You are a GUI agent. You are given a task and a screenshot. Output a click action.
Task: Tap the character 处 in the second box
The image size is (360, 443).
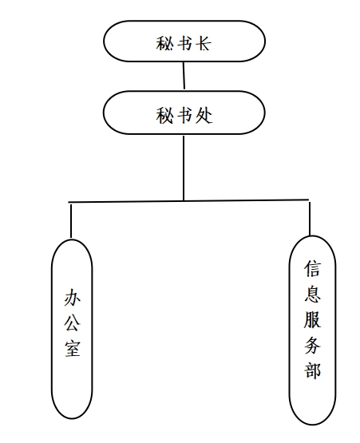tap(204, 115)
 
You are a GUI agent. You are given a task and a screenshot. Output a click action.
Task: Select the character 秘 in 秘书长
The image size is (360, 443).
tap(164, 43)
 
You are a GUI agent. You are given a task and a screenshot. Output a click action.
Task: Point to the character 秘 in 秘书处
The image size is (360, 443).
tap(164, 115)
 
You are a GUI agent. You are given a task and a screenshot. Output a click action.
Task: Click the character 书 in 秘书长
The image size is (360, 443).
tap(184, 43)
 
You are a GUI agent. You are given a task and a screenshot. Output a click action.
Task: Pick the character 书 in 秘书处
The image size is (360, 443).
tap(184, 115)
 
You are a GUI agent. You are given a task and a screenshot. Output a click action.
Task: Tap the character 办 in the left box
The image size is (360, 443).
tap(73, 298)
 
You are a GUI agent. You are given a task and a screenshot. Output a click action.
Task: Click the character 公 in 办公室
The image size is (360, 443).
tap(73, 322)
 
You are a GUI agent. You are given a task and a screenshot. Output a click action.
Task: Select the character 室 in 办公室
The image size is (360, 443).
tap(73, 348)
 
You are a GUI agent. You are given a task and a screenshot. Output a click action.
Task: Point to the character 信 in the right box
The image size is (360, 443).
tap(313, 269)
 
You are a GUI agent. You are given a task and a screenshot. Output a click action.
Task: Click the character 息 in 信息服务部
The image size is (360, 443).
tap(313, 294)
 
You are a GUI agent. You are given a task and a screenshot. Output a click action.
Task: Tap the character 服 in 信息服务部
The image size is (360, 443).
tap(313, 319)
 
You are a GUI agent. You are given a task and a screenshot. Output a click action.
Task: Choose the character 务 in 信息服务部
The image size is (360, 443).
tap(313, 345)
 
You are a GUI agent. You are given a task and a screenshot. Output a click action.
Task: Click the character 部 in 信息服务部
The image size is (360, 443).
tap(313, 370)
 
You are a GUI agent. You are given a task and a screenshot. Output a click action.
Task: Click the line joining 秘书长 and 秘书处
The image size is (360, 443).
tap(184, 76)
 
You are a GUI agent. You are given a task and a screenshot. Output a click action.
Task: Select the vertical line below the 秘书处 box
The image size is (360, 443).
tap(184, 168)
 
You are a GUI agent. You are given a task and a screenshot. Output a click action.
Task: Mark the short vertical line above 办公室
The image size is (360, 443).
tap(71, 221)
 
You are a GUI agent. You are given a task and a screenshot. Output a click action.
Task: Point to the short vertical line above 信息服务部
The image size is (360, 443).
tap(310, 219)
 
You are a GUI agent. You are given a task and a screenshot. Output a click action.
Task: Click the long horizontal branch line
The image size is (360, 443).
tap(188, 201)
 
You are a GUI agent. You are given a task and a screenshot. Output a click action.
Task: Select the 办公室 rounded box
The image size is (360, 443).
tap(52, 329)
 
